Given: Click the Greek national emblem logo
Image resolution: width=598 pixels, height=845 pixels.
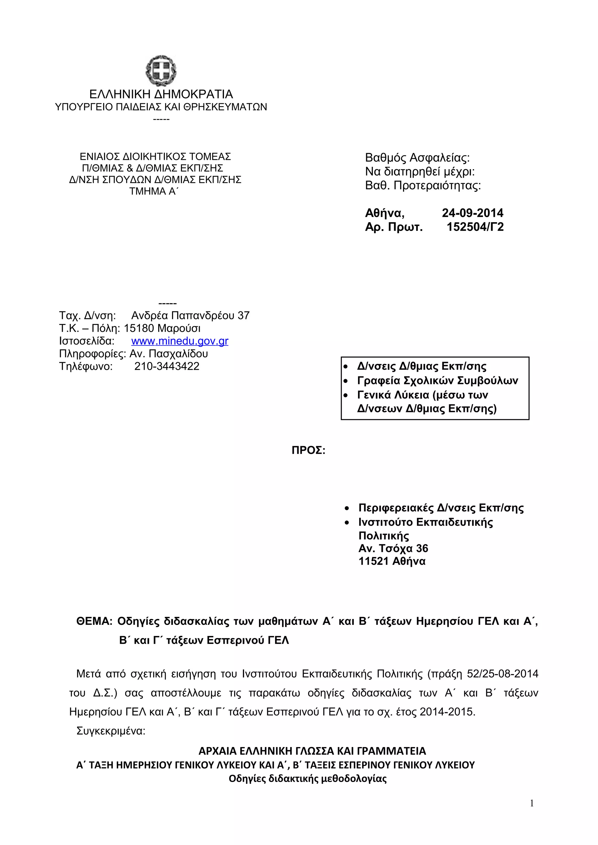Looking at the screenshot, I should [161, 70].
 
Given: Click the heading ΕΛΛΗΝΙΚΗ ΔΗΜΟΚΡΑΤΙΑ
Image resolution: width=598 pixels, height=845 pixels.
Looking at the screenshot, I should [161, 94].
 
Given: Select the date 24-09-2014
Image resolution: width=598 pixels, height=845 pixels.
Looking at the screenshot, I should [472, 213].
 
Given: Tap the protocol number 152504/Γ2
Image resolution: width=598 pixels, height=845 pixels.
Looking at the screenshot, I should [475, 227].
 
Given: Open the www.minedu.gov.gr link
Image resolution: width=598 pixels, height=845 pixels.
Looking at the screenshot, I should [180, 341].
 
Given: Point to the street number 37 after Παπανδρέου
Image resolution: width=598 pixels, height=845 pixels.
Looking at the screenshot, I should [244, 315].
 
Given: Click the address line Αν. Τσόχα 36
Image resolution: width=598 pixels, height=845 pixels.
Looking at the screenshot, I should [393, 548].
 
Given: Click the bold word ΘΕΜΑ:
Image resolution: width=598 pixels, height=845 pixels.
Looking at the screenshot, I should [94, 621].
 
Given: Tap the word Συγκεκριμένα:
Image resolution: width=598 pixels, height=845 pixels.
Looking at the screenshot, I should [111, 731].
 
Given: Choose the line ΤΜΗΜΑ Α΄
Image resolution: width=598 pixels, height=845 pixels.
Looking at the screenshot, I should [153, 191].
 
